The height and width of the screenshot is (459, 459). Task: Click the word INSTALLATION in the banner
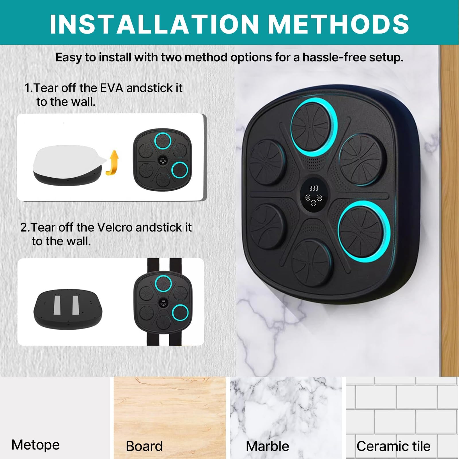point(154,24)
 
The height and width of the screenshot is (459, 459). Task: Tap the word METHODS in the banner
point(340,24)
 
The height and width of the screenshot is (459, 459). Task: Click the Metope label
point(36,445)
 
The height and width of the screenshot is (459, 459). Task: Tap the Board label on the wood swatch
point(144,446)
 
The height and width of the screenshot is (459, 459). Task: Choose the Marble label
point(267,446)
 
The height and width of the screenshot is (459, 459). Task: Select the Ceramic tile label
point(393,446)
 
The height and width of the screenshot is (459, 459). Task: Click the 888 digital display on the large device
point(314,188)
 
